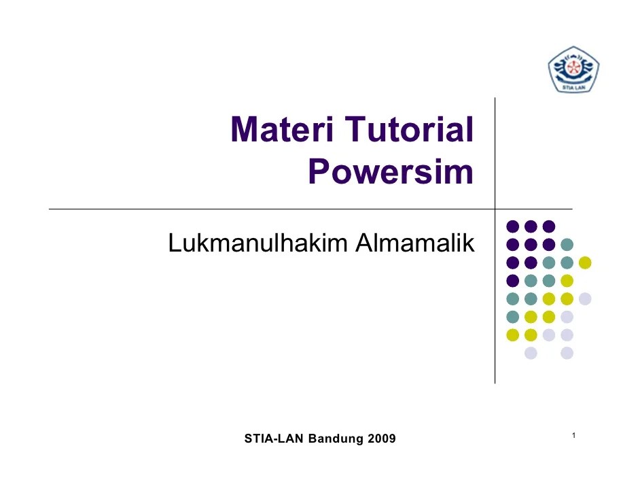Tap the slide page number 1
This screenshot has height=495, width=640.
click(x=574, y=435)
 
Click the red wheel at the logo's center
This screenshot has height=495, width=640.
click(x=573, y=69)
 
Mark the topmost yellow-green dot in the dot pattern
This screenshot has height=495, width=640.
click(x=585, y=262)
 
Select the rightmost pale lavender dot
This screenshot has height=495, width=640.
click(x=585, y=298)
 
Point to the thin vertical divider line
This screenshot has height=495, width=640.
click(x=495, y=306)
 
